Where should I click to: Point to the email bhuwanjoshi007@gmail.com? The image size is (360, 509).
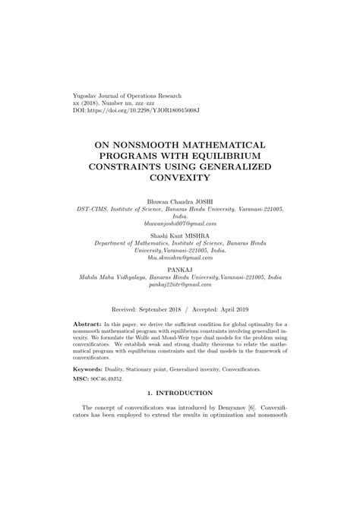180,224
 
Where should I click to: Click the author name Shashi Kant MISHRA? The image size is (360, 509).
180,237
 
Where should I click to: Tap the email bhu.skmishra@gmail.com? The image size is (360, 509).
180,260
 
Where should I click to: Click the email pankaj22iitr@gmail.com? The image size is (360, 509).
180,288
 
